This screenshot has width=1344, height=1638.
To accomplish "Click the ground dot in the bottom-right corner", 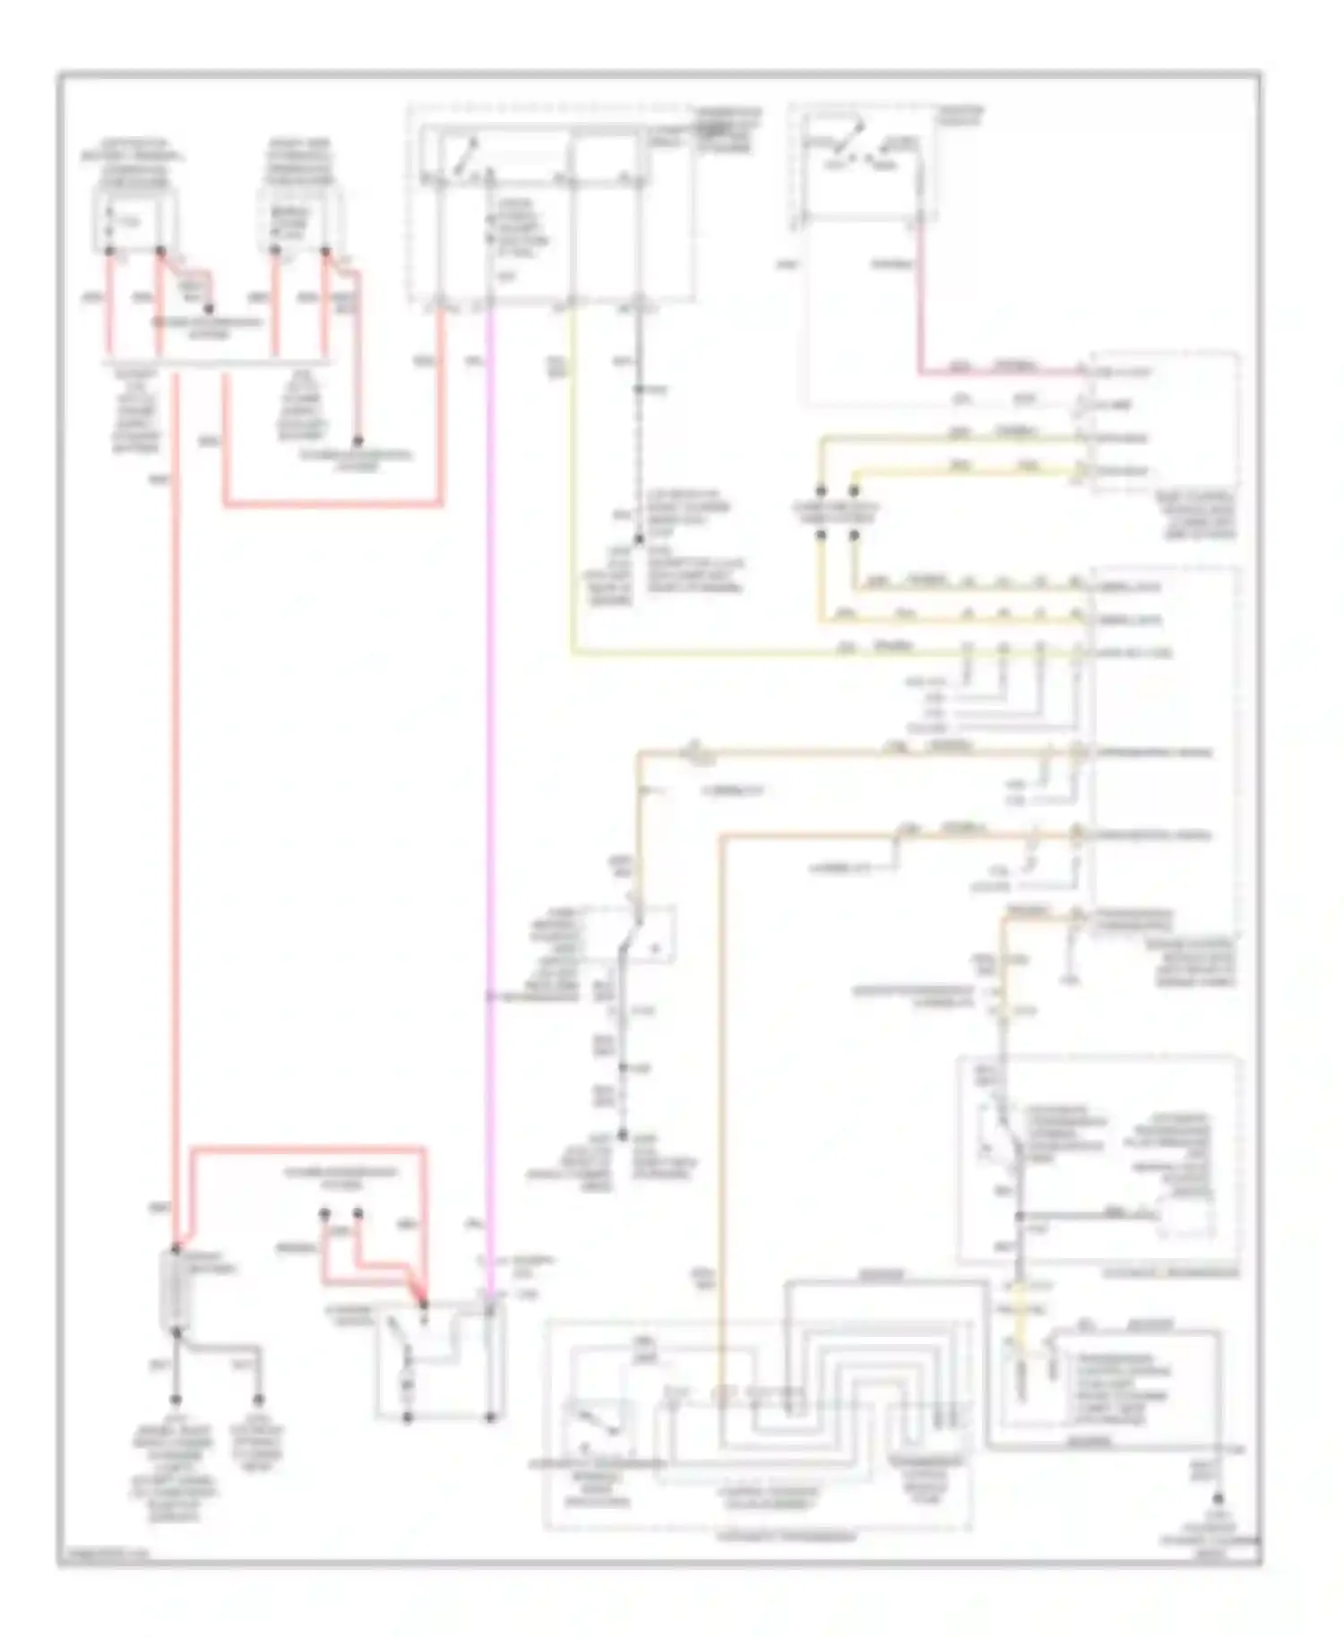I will coord(1218,1498).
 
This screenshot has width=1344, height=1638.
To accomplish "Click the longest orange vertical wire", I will coord(720,1075).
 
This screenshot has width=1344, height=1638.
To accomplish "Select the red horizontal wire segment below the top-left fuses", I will coord(332,505).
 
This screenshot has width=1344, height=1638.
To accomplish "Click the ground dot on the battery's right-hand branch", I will coord(259,1399).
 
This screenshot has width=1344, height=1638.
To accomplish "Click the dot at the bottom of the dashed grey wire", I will coord(639,540).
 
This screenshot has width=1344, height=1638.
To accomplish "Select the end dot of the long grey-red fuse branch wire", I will coord(357,442).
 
